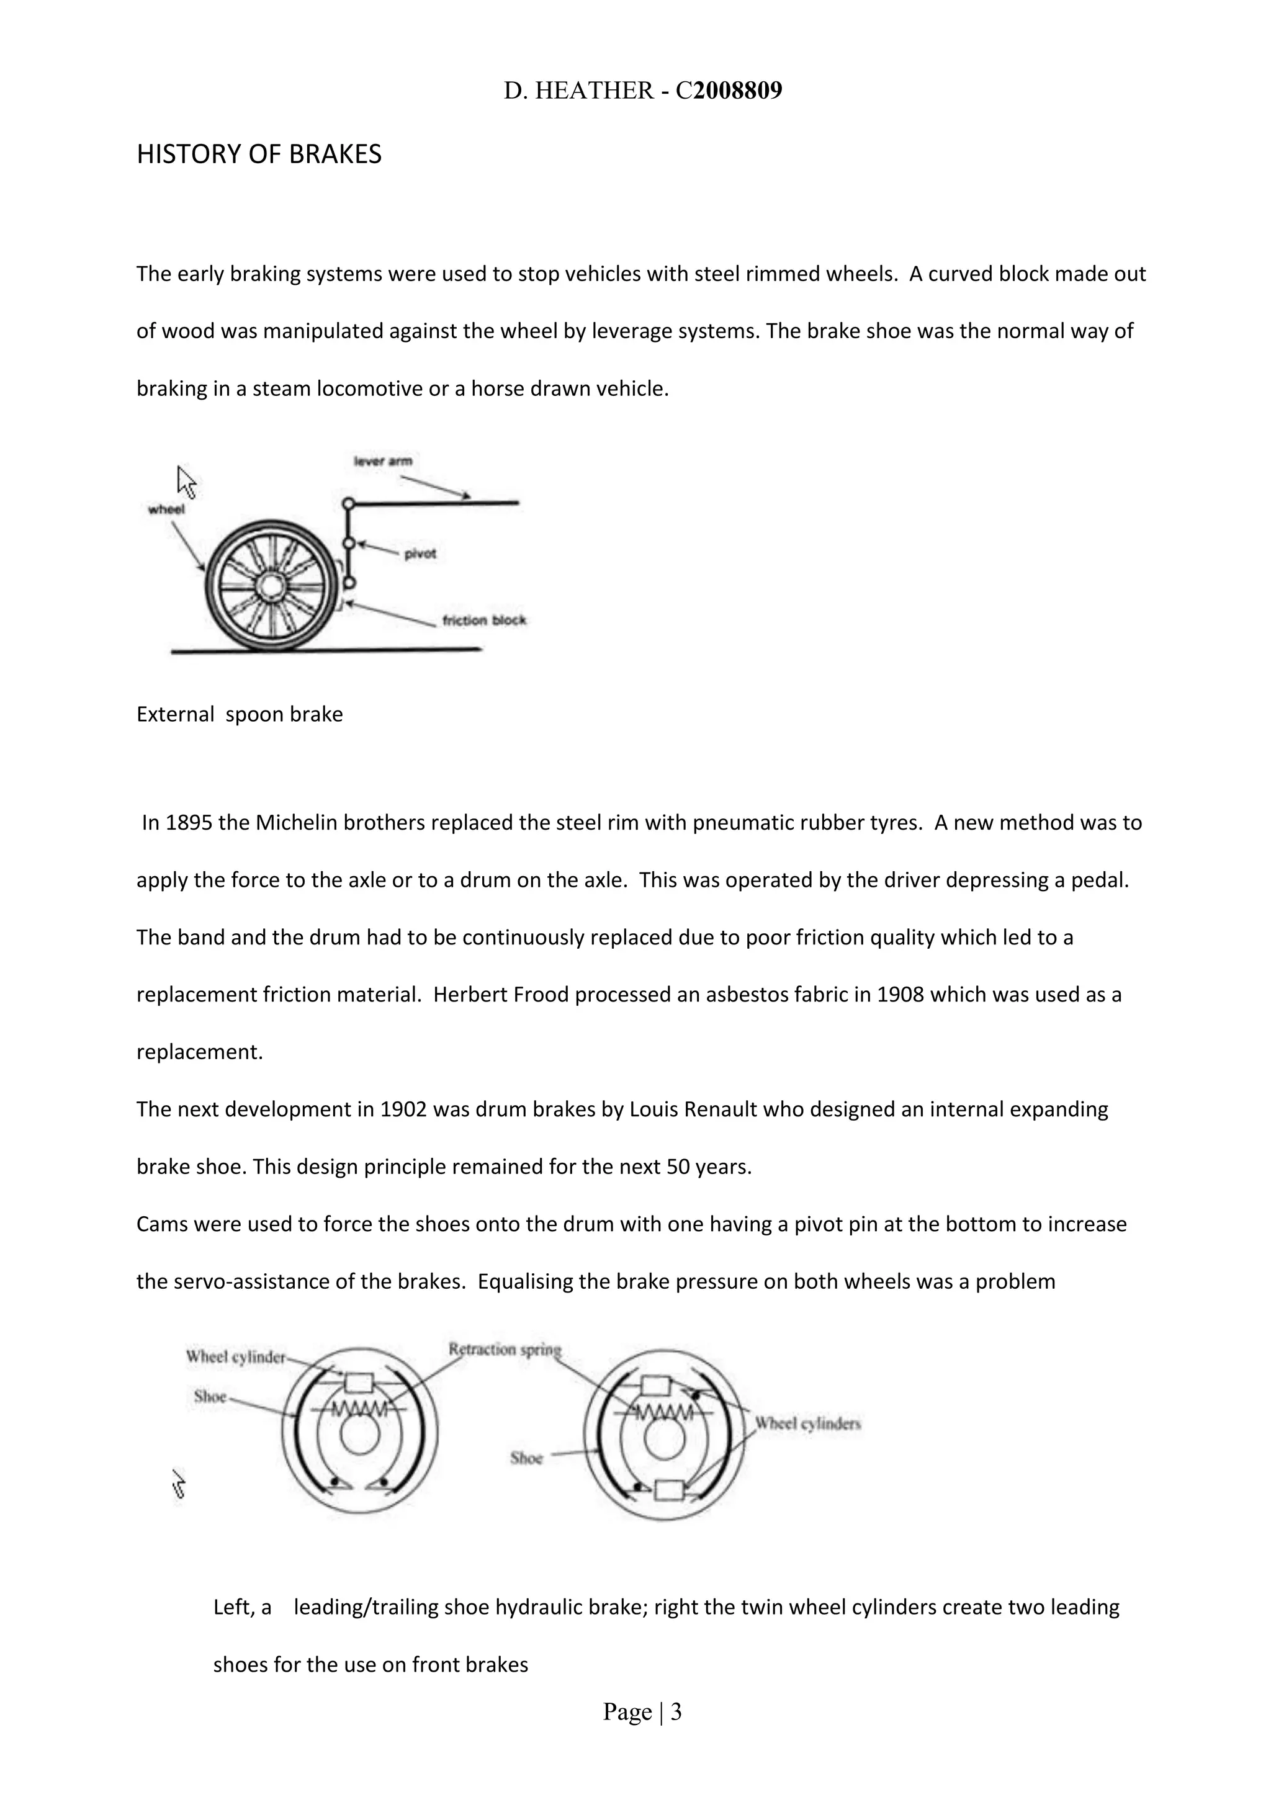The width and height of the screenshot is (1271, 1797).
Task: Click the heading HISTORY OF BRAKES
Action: (x=259, y=155)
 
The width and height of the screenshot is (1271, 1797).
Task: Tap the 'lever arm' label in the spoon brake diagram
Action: (x=383, y=461)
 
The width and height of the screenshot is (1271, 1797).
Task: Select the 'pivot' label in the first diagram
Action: (x=420, y=554)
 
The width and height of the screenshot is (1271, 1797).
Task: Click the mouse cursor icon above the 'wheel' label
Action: (x=186, y=482)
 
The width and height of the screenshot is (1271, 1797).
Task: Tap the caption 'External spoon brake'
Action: (x=240, y=715)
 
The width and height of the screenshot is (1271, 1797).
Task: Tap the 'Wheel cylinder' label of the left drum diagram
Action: (x=236, y=1357)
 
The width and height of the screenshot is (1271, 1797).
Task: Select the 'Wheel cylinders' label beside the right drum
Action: (x=807, y=1423)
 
